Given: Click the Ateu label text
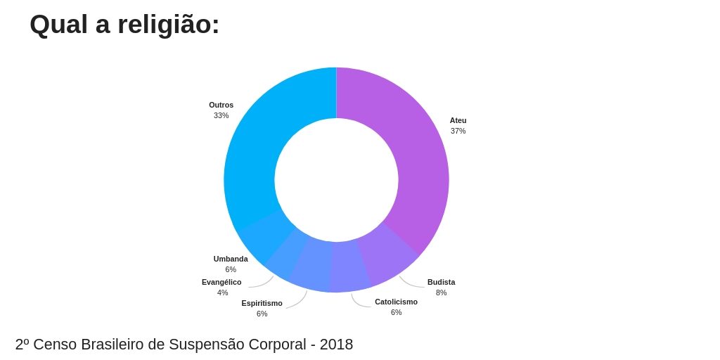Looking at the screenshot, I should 458,120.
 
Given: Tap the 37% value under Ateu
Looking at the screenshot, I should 458,131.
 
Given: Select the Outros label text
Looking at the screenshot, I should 221,105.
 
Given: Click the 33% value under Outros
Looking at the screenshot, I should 221,115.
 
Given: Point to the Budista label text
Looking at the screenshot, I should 441,282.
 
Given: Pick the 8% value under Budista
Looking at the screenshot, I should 441,292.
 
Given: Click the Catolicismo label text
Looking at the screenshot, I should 396,302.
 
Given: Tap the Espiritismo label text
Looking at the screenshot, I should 262,303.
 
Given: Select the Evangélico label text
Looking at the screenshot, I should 221,282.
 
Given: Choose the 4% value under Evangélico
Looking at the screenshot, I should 222,292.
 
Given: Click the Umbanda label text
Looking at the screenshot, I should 231,259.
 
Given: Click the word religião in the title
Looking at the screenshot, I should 168,25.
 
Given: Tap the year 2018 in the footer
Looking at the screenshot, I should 336,345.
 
